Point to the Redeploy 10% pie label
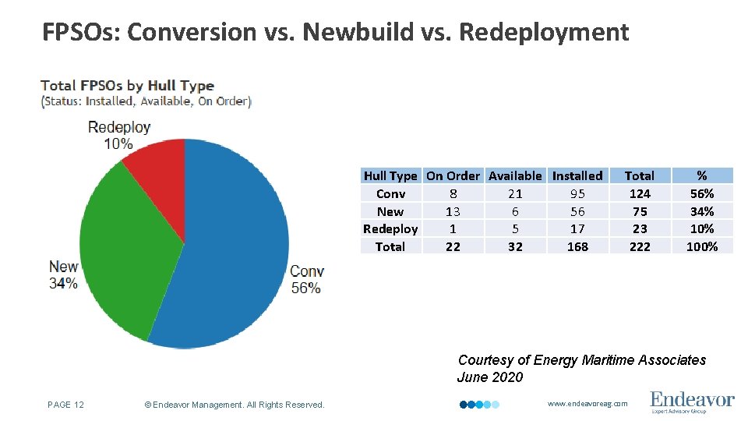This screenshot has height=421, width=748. coord(119,135)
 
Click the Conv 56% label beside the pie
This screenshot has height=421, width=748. coord(306,280)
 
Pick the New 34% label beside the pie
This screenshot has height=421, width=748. coord(64,275)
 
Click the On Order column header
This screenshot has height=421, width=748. coord(453,176)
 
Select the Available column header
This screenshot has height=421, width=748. coord(515,176)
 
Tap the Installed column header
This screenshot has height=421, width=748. coord(577,176)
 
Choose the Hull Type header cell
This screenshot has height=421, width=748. coord(390,176)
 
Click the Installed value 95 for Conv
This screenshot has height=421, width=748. coord(577,194)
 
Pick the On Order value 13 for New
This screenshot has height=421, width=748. coord(453,211)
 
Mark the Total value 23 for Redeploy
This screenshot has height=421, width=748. coord(640,229)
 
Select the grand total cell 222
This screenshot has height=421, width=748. coord(640,246)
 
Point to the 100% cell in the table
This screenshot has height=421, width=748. coord(702,246)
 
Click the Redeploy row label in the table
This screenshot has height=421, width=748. coord(390,229)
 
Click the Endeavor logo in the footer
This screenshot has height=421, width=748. coord(692,402)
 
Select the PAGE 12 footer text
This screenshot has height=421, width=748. coord(65,404)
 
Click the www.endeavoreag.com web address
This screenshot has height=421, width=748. coord(587,404)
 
